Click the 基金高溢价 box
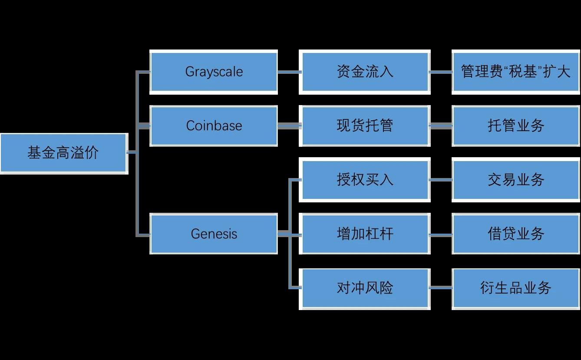coord(63,153)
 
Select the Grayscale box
coord(214,72)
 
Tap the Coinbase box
coord(214,126)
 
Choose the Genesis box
coord(214,234)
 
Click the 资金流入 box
coord(365,72)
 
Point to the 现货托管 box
coord(365,126)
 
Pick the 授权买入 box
coord(365,180)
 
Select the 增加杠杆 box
coord(365,234)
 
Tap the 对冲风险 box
coord(365,288)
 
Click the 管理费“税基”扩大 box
coord(516,72)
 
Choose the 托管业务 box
coord(516,126)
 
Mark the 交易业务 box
coord(516,180)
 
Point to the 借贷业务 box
coord(516,234)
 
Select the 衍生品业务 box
coord(516,288)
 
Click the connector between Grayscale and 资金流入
coord(289,72)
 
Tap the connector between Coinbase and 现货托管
coord(289,126)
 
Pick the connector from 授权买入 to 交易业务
coord(441,180)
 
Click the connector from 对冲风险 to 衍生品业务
coord(441,288)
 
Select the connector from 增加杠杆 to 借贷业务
coord(441,234)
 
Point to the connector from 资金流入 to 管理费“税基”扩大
coord(441,72)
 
